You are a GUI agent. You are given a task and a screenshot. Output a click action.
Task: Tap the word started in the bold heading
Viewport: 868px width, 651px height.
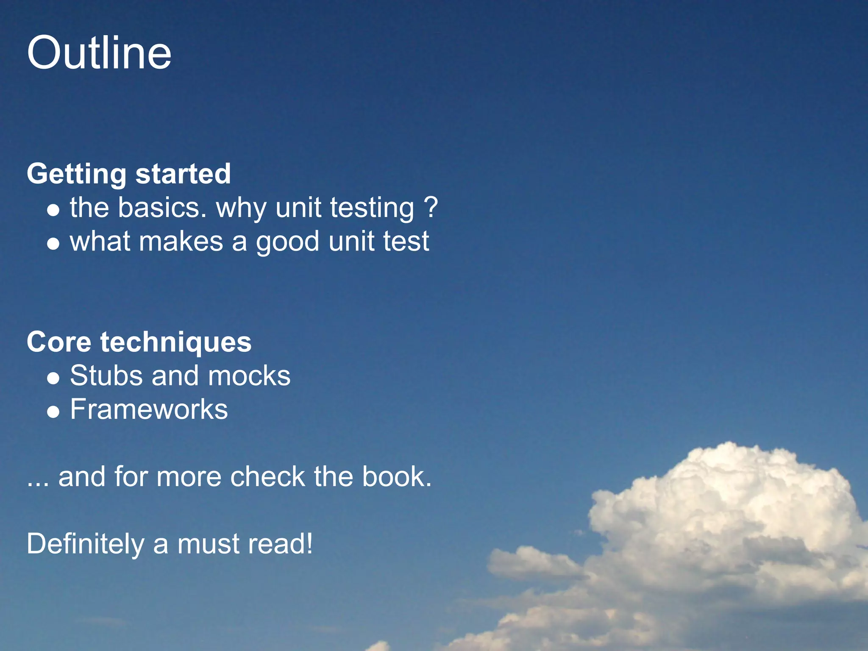(183, 174)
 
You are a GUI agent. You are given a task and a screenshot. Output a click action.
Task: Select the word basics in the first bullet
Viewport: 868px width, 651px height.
(162, 208)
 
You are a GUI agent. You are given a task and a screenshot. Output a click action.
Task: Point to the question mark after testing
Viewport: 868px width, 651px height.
(431, 208)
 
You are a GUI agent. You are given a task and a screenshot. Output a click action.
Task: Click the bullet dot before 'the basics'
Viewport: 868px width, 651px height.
(53, 210)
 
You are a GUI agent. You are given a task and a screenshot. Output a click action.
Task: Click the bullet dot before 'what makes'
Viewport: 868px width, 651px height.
(53, 244)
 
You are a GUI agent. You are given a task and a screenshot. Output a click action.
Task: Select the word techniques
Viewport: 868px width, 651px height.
(176, 343)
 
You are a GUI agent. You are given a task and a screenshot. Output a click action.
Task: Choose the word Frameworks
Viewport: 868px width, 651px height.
(149, 409)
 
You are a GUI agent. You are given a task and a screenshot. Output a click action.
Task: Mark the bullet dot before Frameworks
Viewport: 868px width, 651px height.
(53, 412)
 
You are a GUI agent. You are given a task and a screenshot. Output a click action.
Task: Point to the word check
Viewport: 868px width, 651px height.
(267, 477)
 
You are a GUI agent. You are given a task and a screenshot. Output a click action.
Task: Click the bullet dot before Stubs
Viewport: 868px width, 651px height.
(53, 378)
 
